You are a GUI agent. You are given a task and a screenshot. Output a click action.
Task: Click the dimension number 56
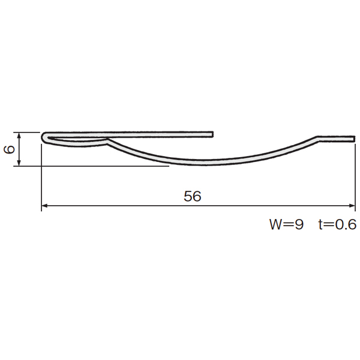pyautogui.click(x=193, y=196)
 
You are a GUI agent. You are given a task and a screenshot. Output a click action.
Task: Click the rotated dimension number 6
pyautogui.click(x=10, y=149)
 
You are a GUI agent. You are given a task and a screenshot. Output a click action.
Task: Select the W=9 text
pyautogui.click(x=287, y=224)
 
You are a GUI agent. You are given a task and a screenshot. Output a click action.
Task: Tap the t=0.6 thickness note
pyautogui.click(x=337, y=224)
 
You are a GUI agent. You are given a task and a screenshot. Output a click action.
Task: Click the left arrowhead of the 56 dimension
pyautogui.click(x=44, y=205)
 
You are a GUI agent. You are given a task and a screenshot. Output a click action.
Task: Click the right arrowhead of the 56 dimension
pyautogui.click(x=352, y=205)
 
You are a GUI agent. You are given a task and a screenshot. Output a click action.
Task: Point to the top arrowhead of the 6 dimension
pyautogui.click(x=19, y=135)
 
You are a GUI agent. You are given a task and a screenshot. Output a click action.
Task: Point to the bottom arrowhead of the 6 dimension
pyautogui.click(x=19, y=163)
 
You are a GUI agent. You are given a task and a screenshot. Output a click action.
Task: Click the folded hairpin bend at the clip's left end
pyautogui.click(x=44, y=137)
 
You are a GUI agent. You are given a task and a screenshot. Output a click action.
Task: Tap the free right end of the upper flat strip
pyautogui.click(x=212, y=134)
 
